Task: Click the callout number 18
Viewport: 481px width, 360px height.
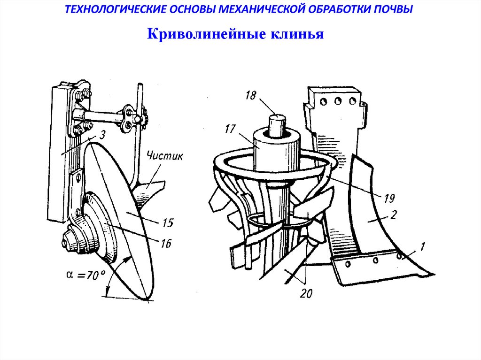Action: (x=250, y=96)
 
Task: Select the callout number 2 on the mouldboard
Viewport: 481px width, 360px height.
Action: (x=394, y=215)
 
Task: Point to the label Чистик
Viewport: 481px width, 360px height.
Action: (x=164, y=156)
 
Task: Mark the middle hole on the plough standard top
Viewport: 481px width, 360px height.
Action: (x=337, y=100)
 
